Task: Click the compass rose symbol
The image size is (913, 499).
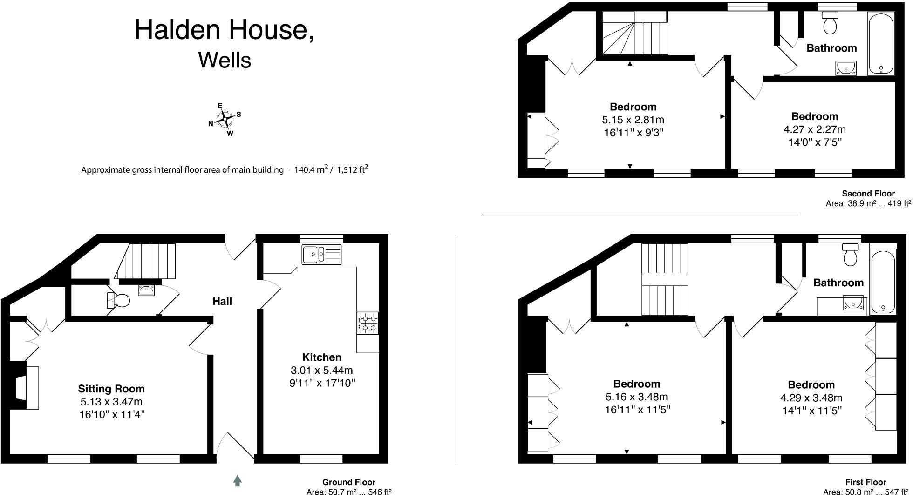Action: point(225,120)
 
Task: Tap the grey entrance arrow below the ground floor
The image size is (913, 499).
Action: point(238,480)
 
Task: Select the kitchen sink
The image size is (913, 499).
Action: point(321,254)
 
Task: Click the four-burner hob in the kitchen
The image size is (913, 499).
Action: point(368,323)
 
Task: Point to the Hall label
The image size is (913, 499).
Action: point(222,302)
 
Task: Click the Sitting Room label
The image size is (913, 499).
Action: point(111,389)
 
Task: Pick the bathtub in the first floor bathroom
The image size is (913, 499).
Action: point(883,282)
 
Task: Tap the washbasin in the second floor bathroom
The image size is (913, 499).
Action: point(845,68)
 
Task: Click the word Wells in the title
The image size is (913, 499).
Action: point(225,61)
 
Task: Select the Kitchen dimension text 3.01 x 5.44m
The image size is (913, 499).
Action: point(321,371)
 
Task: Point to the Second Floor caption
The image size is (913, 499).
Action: point(868,194)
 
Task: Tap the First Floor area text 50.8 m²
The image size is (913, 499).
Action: point(845,492)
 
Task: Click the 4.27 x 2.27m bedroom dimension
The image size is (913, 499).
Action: point(815,129)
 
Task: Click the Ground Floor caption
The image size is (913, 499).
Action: point(349,482)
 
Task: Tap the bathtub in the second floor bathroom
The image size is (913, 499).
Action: point(880,43)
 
